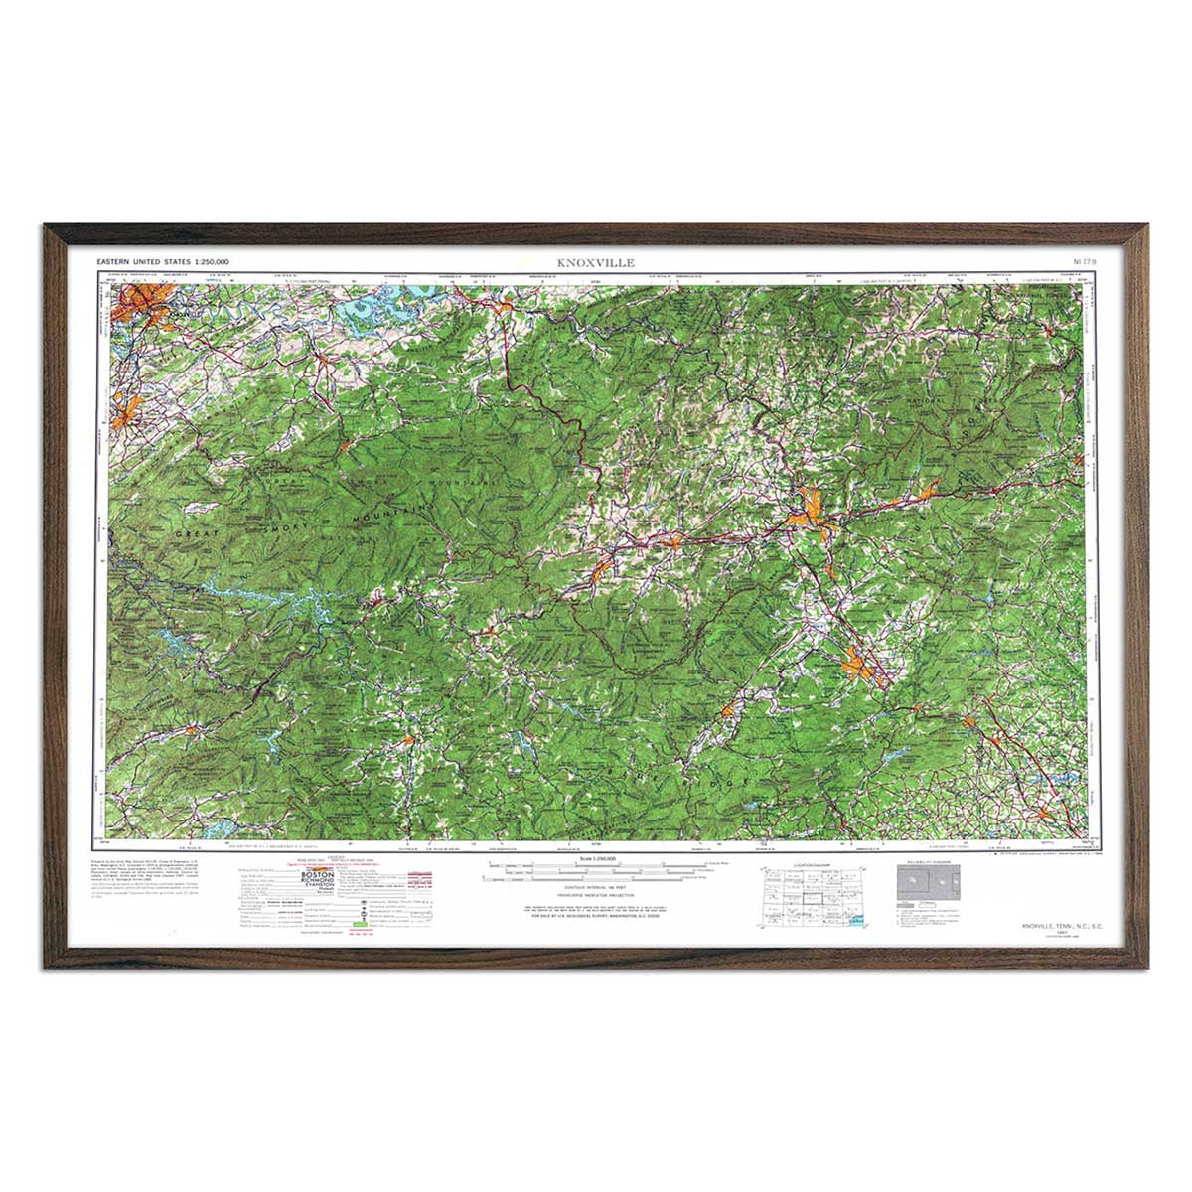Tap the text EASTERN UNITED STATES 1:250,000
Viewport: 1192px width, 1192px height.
(x=163, y=261)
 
